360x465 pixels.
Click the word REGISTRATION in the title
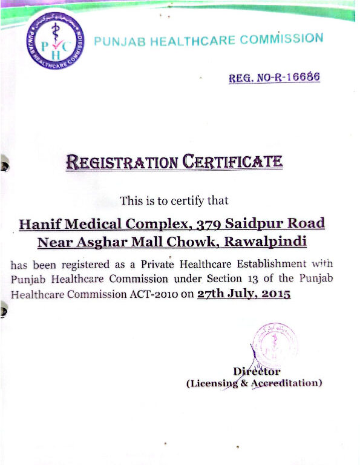click(122, 162)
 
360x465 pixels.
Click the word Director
click(257, 371)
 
